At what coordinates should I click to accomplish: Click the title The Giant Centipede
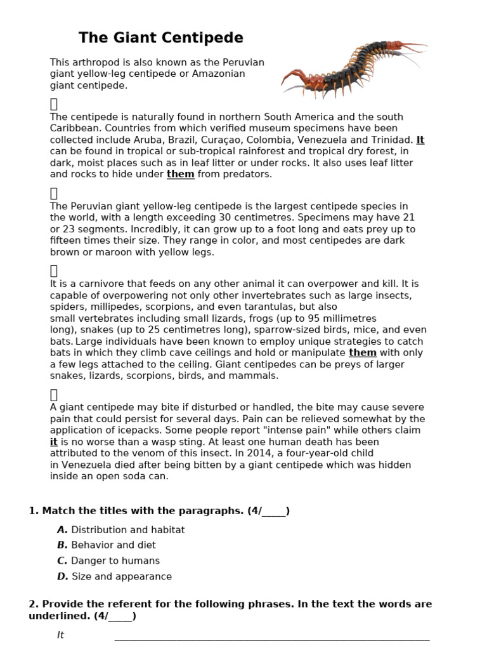click(160, 38)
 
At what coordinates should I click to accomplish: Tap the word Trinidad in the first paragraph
click(393, 140)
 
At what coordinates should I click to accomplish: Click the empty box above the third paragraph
click(54, 271)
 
